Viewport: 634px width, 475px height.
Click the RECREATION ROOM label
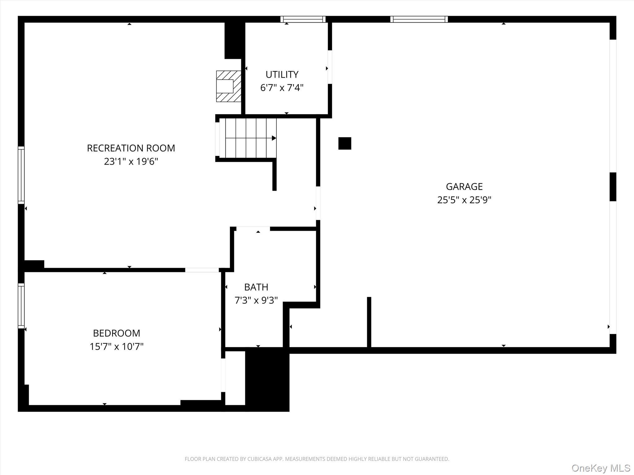point(131,148)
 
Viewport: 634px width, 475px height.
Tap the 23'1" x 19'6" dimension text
point(131,161)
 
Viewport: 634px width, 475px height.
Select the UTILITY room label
point(282,75)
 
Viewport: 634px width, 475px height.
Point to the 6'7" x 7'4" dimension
point(282,88)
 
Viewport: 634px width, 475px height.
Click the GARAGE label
point(464,186)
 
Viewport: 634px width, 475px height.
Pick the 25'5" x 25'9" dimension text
point(464,200)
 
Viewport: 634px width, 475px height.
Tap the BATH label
point(256,287)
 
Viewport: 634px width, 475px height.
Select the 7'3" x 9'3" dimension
point(256,301)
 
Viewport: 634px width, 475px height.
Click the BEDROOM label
point(116,333)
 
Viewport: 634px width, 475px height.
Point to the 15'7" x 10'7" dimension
point(116,347)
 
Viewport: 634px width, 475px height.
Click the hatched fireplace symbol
point(228,86)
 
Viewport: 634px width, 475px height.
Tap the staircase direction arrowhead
point(274,138)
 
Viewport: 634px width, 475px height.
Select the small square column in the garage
point(345,143)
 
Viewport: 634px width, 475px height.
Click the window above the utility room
point(303,19)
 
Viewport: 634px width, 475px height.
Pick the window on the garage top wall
point(419,19)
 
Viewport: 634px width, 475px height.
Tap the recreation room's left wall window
point(21,175)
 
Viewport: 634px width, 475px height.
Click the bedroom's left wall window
point(21,306)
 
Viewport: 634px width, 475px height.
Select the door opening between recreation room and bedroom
point(202,270)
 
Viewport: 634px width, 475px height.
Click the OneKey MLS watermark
point(601,468)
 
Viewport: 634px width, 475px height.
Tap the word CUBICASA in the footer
point(260,459)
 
